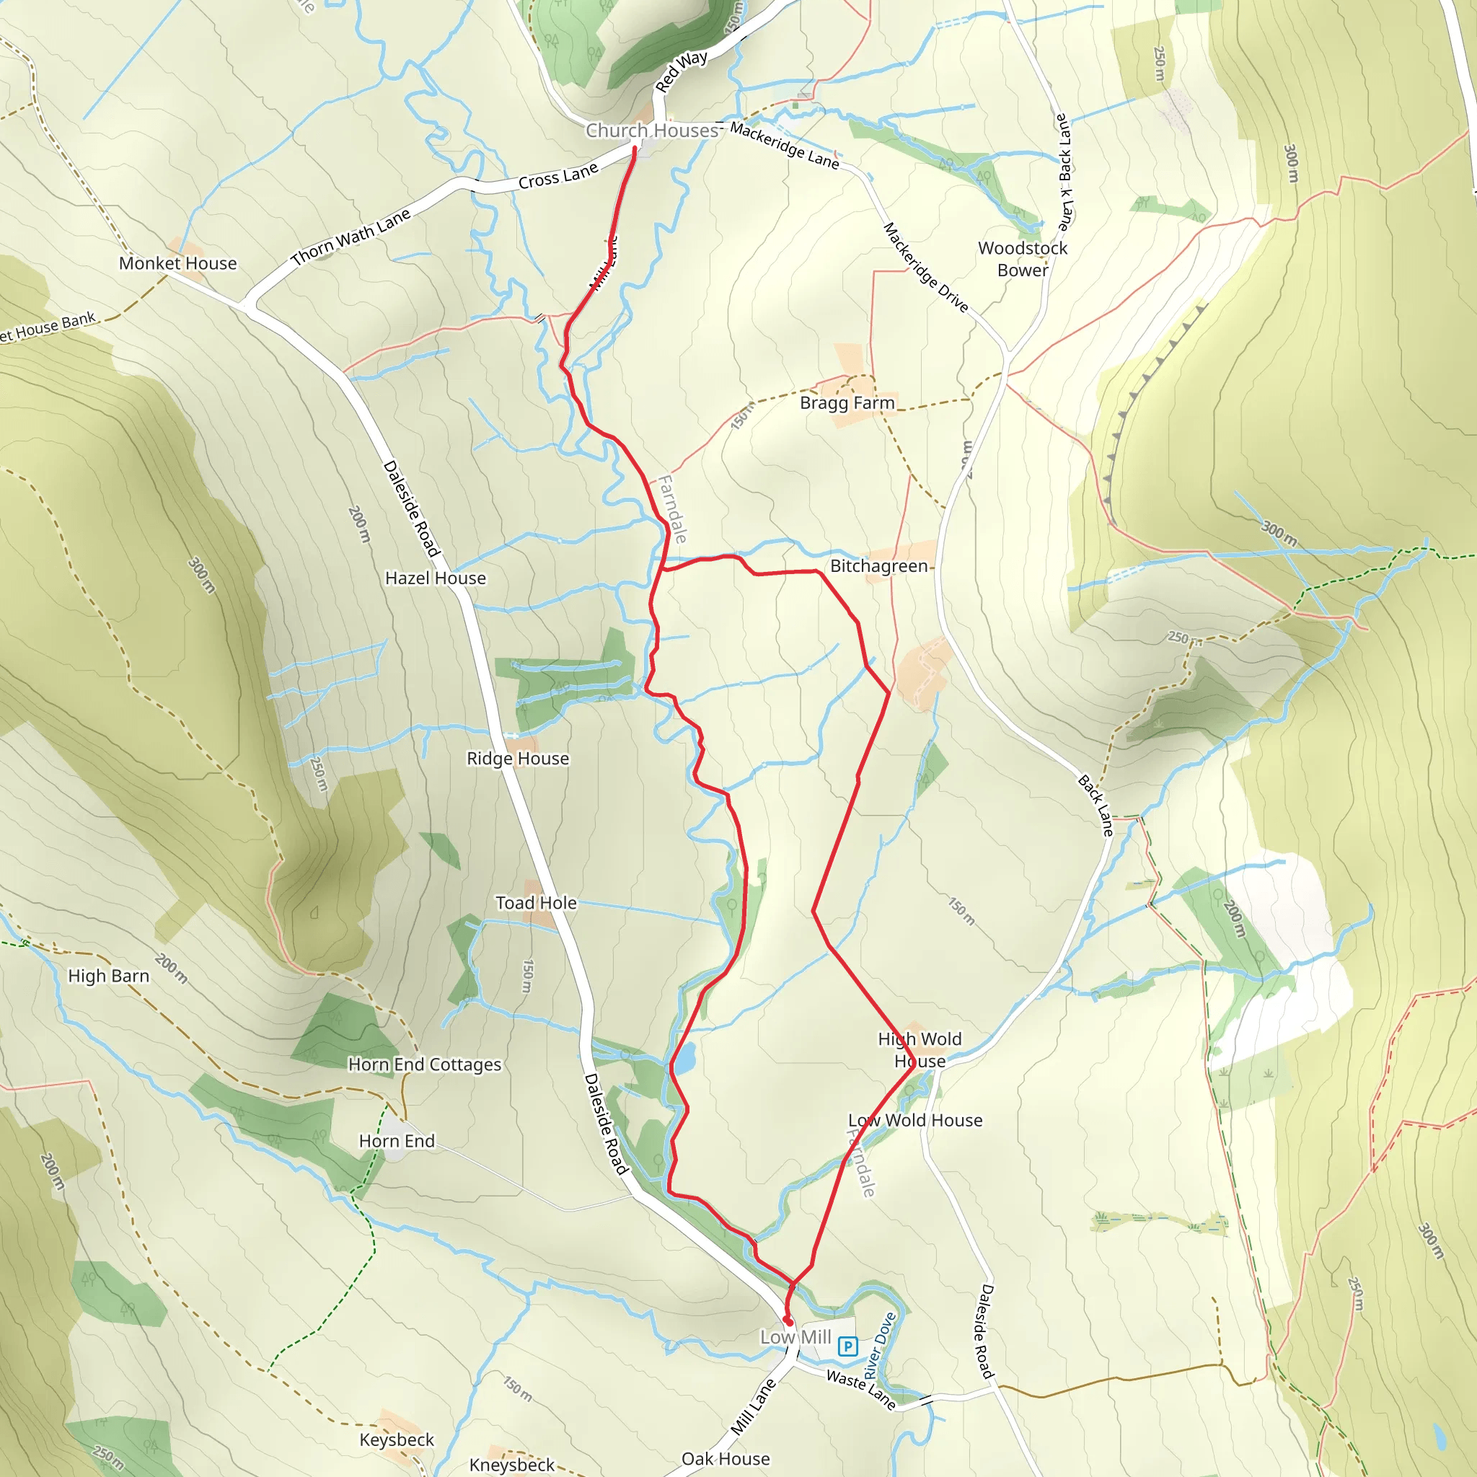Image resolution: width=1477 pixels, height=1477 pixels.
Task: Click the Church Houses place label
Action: click(x=651, y=131)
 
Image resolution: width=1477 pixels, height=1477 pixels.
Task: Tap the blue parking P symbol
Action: click(x=847, y=1346)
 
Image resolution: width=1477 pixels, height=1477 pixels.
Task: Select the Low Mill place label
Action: click(x=795, y=1337)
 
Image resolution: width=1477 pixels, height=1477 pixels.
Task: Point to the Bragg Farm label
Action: click(x=847, y=403)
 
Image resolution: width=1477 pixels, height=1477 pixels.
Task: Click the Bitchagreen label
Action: click(x=878, y=566)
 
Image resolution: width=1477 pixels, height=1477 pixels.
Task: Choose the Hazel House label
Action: click(x=435, y=578)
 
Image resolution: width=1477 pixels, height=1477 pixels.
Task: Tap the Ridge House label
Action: click(x=518, y=759)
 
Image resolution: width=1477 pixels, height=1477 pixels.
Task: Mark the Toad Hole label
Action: click(x=536, y=903)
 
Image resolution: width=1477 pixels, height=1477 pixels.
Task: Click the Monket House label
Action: click(x=177, y=263)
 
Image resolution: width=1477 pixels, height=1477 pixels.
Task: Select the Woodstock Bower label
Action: click(x=1022, y=259)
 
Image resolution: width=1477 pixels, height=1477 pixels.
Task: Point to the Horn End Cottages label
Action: click(x=424, y=1064)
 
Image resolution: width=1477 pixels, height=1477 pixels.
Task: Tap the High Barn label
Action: click(x=109, y=976)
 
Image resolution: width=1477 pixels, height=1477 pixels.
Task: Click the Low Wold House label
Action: click(x=915, y=1120)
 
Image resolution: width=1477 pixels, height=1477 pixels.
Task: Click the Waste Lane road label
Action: click(x=861, y=1390)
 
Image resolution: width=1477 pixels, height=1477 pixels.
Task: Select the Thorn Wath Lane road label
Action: click(x=351, y=237)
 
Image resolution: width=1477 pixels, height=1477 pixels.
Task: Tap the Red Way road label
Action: click(x=681, y=71)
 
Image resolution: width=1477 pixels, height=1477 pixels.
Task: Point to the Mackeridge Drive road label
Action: click(x=925, y=268)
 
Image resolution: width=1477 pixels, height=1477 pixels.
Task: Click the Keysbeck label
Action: click(x=396, y=1439)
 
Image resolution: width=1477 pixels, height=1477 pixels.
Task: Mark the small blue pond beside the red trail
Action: click(x=686, y=1057)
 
